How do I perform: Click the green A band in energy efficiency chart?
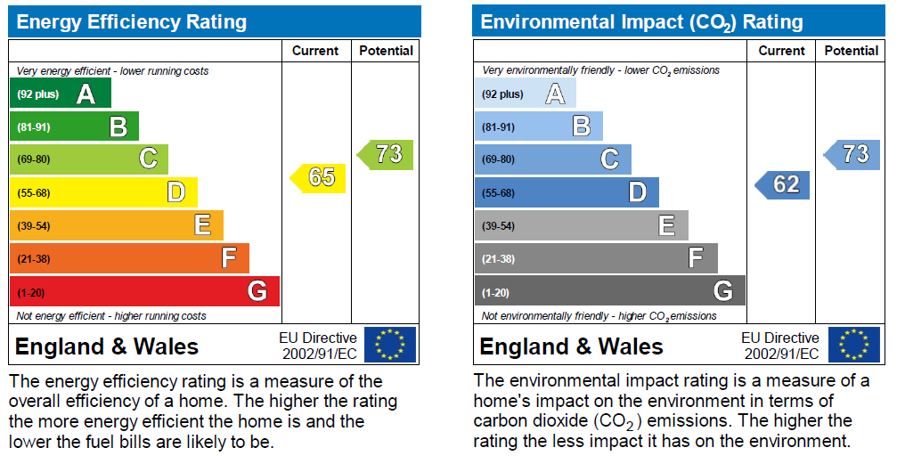[60, 94]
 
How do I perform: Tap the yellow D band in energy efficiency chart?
[103, 192]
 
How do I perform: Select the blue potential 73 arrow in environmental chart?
[852, 154]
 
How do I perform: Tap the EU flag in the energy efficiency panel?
[390, 345]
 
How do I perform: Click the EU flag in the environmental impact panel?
[854, 345]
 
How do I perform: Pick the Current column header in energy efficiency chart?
[315, 51]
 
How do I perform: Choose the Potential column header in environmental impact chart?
[852, 51]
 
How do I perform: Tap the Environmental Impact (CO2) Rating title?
[641, 22]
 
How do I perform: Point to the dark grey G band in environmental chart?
[609, 291]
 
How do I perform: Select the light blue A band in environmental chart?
[525, 94]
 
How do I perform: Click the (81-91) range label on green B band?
[34, 127]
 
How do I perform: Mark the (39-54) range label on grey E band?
[499, 226]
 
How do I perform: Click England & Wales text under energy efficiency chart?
[107, 346]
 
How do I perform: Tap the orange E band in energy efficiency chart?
[116, 225]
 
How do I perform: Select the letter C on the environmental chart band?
[609, 159]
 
